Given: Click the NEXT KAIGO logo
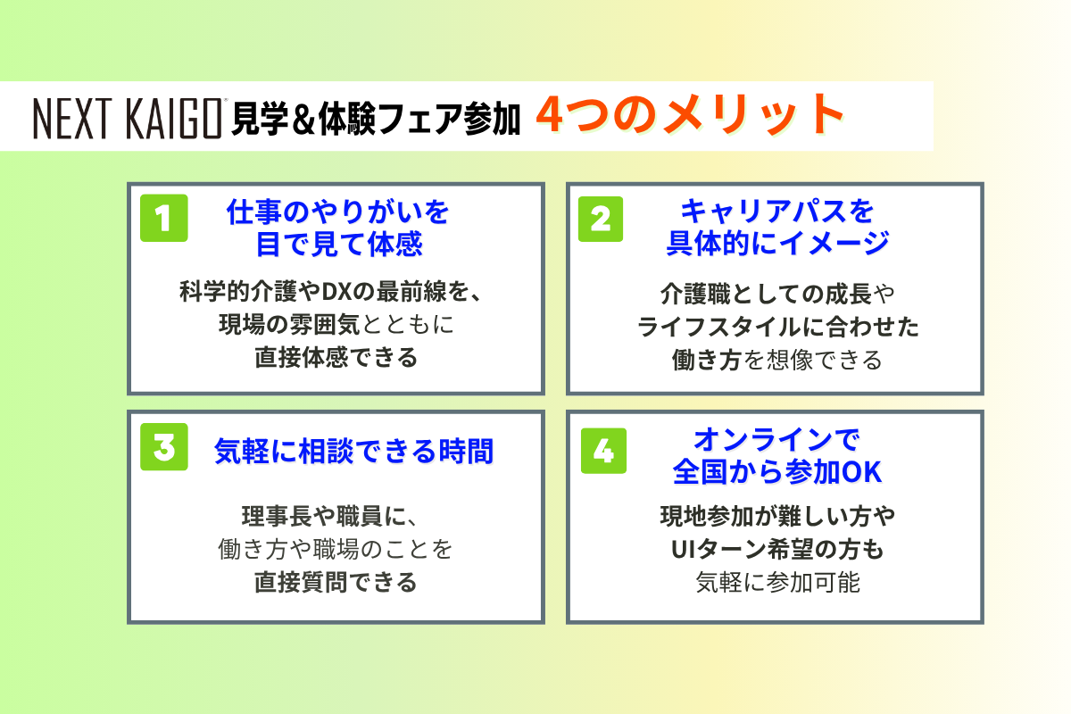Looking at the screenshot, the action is [x=127, y=119].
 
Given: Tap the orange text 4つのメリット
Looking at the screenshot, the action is [x=691, y=115].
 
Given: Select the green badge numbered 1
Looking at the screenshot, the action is [x=164, y=218].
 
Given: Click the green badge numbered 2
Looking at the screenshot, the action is [x=601, y=219].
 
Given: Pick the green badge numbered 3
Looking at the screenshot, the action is [x=164, y=446].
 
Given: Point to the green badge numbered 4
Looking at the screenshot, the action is [x=603, y=451].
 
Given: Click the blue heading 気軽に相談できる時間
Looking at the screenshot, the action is [x=353, y=451].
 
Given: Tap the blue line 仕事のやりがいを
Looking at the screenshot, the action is [x=337, y=212].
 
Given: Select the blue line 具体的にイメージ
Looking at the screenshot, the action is [x=777, y=244].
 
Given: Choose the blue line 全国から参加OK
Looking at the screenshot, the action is [x=777, y=472].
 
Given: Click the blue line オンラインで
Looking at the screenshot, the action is [x=777, y=440].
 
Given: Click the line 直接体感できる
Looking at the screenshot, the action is [x=336, y=357].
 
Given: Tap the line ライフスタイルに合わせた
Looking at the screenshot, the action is [x=777, y=328].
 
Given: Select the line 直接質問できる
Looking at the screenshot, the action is [x=336, y=582].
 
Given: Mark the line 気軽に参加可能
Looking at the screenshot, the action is [x=777, y=582].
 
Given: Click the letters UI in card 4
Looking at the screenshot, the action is [x=681, y=550].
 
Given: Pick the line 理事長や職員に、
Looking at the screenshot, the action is [x=330, y=516].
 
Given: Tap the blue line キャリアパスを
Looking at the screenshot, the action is [x=777, y=212].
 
